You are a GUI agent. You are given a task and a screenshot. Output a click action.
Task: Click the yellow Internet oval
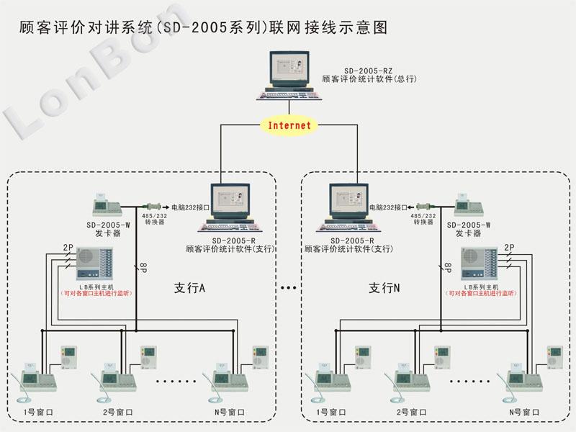tap(289, 125)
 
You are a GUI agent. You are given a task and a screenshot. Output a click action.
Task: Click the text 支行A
tap(190, 287)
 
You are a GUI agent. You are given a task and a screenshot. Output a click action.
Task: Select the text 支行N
tap(384, 287)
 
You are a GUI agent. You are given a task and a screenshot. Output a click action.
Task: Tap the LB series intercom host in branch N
tap(482, 264)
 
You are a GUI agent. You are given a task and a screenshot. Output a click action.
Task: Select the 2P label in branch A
tap(68, 248)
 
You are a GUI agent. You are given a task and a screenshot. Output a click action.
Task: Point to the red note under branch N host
tap(482, 294)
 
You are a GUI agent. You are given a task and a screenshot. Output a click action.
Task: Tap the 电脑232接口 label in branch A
tap(190, 207)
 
